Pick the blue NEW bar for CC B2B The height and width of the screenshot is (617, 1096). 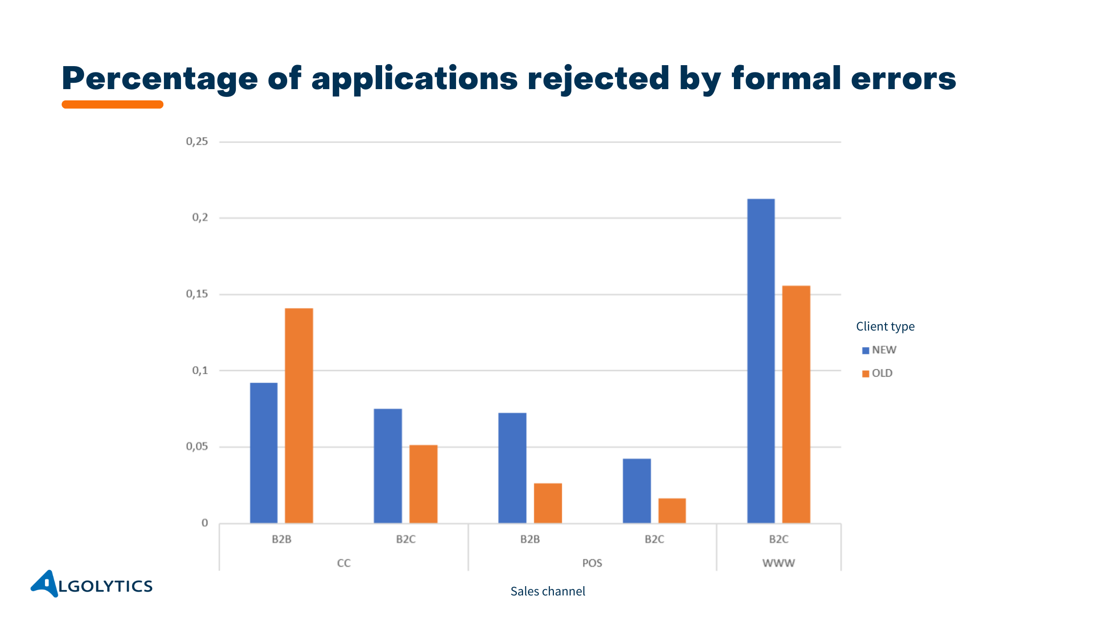coord(264,453)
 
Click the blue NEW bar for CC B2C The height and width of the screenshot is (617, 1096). coord(388,466)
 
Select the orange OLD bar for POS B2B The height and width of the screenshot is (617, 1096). coord(548,503)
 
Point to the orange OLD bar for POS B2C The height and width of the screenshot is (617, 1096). coord(672,511)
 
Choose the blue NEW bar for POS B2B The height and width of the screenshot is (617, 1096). coord(512,468)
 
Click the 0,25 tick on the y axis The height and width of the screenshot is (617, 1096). coord(197,142)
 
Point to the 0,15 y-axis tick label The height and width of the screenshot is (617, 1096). coord(197,294)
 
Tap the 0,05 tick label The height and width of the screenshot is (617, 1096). coord(197,447)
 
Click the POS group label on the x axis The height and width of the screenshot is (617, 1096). coord(592,563)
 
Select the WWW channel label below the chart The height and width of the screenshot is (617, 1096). coord(778,563)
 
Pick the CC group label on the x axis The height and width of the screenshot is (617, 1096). coord(343,563)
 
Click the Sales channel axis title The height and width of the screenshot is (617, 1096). coord(548,592)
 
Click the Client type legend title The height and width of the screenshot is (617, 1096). coord(885,327)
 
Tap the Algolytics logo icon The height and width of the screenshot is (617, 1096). coord(46,583)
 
